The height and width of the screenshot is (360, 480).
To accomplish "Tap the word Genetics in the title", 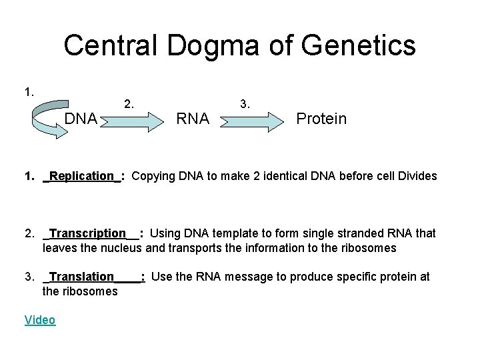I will tap(358, 46).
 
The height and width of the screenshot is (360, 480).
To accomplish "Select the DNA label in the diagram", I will tap(81, 119).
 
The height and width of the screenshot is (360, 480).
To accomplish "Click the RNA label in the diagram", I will tap(192, 119).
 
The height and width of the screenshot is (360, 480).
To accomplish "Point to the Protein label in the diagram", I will tap(321, 119).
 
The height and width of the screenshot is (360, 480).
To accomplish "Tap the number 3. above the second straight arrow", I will tap(245, 103).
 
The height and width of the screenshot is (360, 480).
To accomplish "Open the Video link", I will tap(40, 320).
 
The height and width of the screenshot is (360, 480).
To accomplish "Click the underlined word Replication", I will tap(81, 176).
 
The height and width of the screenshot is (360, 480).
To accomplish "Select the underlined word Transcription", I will tap(88, 233).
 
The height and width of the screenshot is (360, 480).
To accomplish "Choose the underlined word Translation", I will tap(82, 277).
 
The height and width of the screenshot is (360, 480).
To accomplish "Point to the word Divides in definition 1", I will tap(417, 176).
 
